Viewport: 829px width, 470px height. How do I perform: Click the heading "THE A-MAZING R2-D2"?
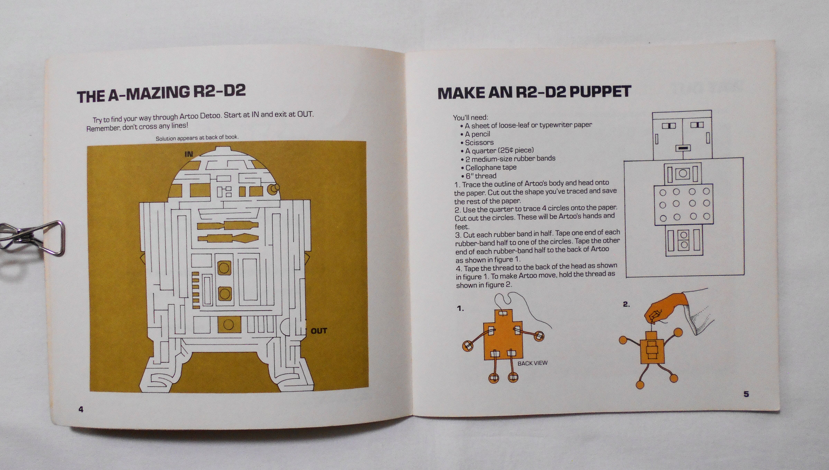tap(161, 93)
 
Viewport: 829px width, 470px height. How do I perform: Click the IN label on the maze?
tap(188, 154)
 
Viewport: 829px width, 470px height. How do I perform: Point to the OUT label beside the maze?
tap(319, 331)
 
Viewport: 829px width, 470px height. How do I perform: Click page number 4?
tap(81, 409)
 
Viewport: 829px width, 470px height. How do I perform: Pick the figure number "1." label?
tap(460, 309)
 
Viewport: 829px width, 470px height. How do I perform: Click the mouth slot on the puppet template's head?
tap(683, 148)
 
